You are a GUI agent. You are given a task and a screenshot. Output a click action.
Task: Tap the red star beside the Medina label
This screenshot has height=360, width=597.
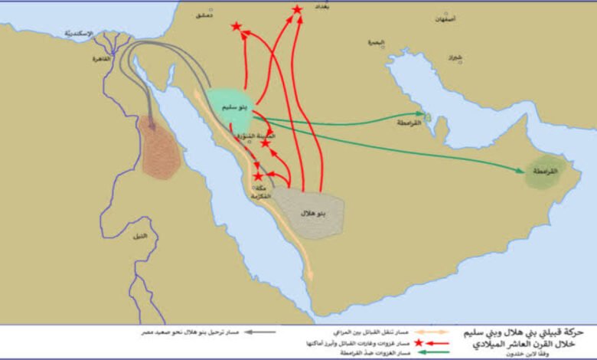point(266,142)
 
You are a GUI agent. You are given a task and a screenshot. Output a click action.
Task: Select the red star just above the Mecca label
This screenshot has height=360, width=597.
point(258,176)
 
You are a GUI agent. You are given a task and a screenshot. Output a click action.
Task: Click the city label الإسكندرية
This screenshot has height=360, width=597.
point(79,34)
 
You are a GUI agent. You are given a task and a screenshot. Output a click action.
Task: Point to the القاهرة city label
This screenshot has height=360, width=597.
point(101,58)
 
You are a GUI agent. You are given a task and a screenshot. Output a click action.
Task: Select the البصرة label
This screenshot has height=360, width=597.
point(375,43)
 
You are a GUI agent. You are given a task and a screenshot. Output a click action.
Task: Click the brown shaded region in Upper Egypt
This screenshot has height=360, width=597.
point(160,149)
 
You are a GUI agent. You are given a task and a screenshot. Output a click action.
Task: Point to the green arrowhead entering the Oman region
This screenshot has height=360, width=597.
point(523,169)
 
